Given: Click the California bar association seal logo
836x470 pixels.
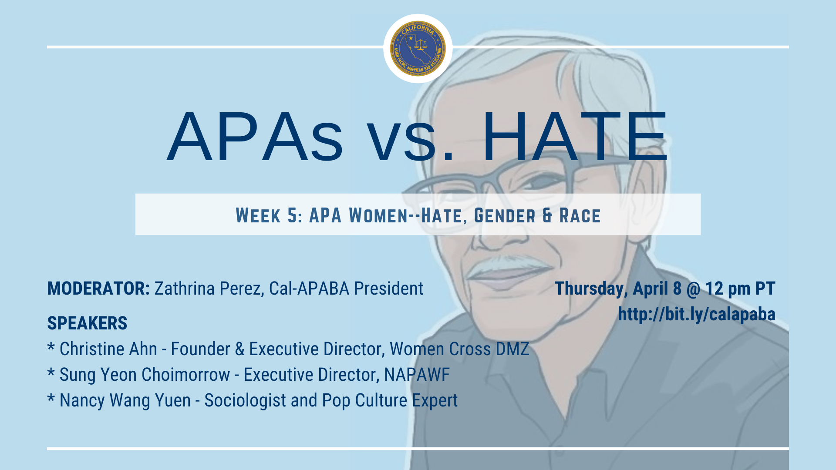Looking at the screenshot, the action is tap(418, 48).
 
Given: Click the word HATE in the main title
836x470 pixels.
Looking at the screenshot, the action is tap(575, 137).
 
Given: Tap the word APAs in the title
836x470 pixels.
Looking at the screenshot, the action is tap(255, 137).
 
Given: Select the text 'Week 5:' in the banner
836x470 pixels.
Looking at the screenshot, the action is tap(269, 215).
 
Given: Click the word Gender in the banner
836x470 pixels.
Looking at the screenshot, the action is tap(505, 215).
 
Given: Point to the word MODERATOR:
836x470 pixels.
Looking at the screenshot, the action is tap(98, 289).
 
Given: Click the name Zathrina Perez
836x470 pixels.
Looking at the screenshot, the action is tap(209, 289).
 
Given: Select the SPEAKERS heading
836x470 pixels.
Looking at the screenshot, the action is tap(87, 323).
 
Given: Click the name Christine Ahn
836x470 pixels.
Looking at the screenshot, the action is tap(108, 349).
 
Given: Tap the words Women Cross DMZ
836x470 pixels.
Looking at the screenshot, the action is tap(459, 349).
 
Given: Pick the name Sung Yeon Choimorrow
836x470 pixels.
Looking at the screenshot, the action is tap(145, 375).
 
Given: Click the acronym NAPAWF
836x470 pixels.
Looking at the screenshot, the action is tap(417, 375).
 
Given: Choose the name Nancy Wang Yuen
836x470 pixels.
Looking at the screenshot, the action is tap(125, 401).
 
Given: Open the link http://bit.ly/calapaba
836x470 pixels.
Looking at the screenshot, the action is tap(697, 315).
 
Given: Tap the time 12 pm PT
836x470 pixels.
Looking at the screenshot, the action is tap(740, 289).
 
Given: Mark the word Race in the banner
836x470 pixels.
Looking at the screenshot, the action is tap(580, 215).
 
